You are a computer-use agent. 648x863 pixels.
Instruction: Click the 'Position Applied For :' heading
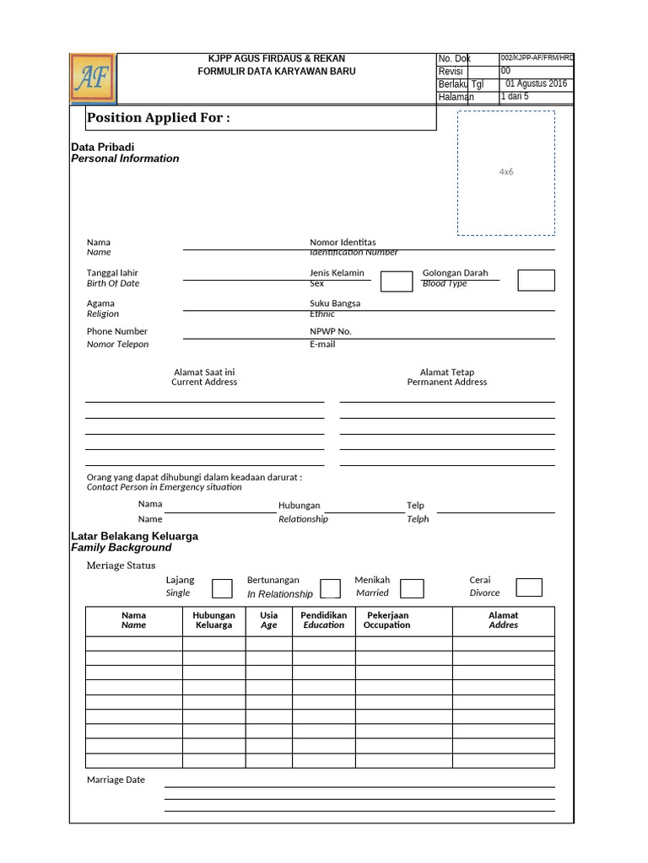[159, 118]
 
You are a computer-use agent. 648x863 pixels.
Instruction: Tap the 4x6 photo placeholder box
[506, 173]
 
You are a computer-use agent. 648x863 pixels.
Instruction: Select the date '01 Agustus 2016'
[536, 84]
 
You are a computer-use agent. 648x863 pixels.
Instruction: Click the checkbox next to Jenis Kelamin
[396, 281]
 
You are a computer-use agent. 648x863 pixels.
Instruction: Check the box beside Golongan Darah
[536, 281]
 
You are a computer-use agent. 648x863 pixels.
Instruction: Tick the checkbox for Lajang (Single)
[222, 588]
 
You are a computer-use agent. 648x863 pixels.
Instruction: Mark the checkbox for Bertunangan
[330, 588]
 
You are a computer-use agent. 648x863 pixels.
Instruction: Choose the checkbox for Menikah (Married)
[412, 588]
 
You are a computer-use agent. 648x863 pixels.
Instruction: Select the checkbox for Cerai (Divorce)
[528, 587]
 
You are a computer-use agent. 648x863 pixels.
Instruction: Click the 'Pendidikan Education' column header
[324, 620]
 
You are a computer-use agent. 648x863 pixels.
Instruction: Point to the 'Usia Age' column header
[269, 620]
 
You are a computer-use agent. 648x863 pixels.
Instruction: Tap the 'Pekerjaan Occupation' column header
[387, 620]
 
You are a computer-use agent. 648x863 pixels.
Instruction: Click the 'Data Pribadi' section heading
[103, 147]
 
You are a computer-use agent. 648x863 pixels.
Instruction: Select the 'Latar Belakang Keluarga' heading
[135, 536]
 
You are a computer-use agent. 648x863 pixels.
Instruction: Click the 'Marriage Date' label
[116, 780]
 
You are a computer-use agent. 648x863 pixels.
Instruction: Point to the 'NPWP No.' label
[331, 332]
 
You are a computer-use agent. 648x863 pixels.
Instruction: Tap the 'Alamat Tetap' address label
[447, 373]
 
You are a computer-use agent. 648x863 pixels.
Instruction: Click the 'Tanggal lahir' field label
[112, 273]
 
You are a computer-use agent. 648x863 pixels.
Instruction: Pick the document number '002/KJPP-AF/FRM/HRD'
[537, 58]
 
